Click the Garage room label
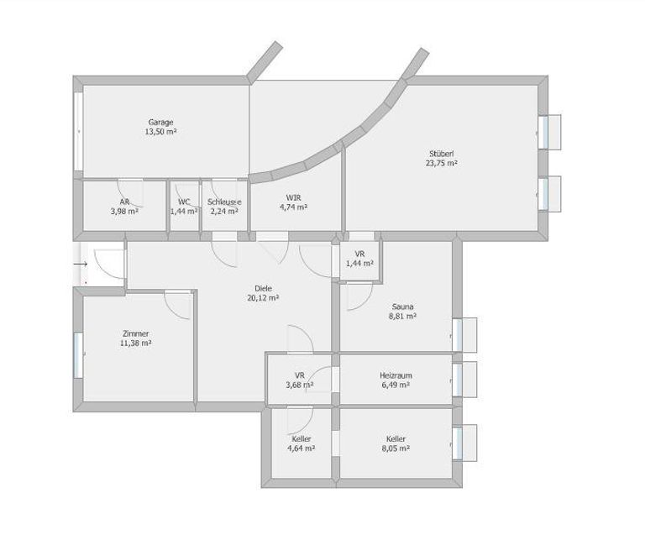161,122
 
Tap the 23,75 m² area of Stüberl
442,163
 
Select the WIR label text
294,198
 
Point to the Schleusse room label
224,202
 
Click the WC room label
184,202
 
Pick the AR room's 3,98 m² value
124,212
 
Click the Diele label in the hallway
263,289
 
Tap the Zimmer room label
136,334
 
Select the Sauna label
403,307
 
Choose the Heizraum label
396,375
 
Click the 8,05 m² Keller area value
396,448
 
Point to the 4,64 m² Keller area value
302,448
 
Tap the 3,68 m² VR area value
300,385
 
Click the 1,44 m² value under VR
360,264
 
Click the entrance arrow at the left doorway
81,264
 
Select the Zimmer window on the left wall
78,355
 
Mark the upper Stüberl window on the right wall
543,132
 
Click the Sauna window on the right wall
457,335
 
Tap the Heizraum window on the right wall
457,380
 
